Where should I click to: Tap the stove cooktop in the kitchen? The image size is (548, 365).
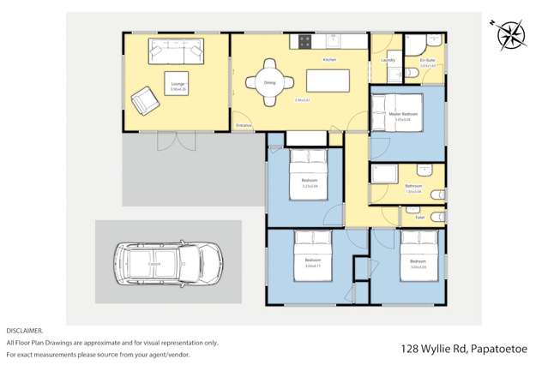[x=304, y=40]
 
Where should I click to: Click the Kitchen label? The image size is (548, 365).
[x=329, y=60]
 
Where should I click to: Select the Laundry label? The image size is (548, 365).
[x=388, y=60]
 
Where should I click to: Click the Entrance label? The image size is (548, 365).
[x=244, y=125]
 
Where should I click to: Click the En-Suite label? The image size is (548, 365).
[x=428, y=60]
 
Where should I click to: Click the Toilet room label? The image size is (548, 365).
[x=420, y=218]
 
